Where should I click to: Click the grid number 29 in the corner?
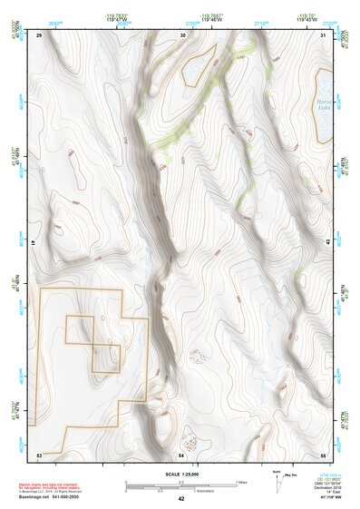(x=40, y=34)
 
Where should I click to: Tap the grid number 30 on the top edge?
(x=183, y=34)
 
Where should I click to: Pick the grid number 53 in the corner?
(x=40, y=453)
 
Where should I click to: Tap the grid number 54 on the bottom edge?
(x=181, y=453)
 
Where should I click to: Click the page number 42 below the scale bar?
(x=181, y=498)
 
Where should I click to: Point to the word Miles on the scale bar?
(x=241, y=481)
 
